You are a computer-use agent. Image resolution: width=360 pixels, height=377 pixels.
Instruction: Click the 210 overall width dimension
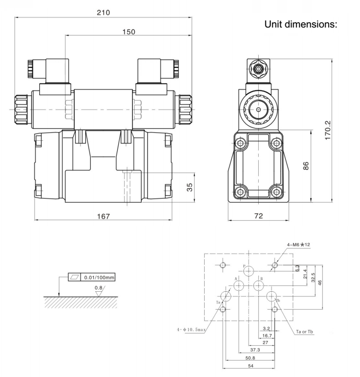[x=103, y=12]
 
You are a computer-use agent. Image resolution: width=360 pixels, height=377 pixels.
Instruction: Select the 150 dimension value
[x=126, y=31]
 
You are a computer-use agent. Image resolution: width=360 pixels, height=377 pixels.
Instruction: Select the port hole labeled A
[x=239, y=285]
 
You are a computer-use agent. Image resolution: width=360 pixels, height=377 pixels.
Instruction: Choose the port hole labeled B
[x=259, y=285]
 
